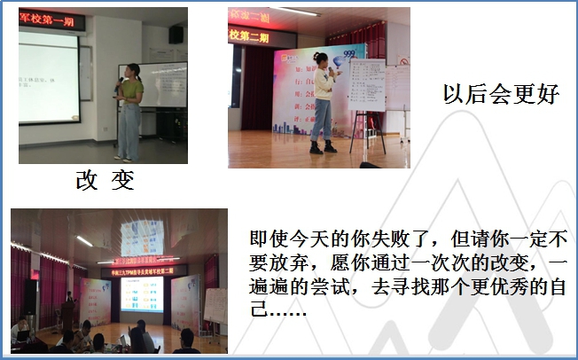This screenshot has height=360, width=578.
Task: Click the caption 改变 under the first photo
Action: click(x=105, y=180)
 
